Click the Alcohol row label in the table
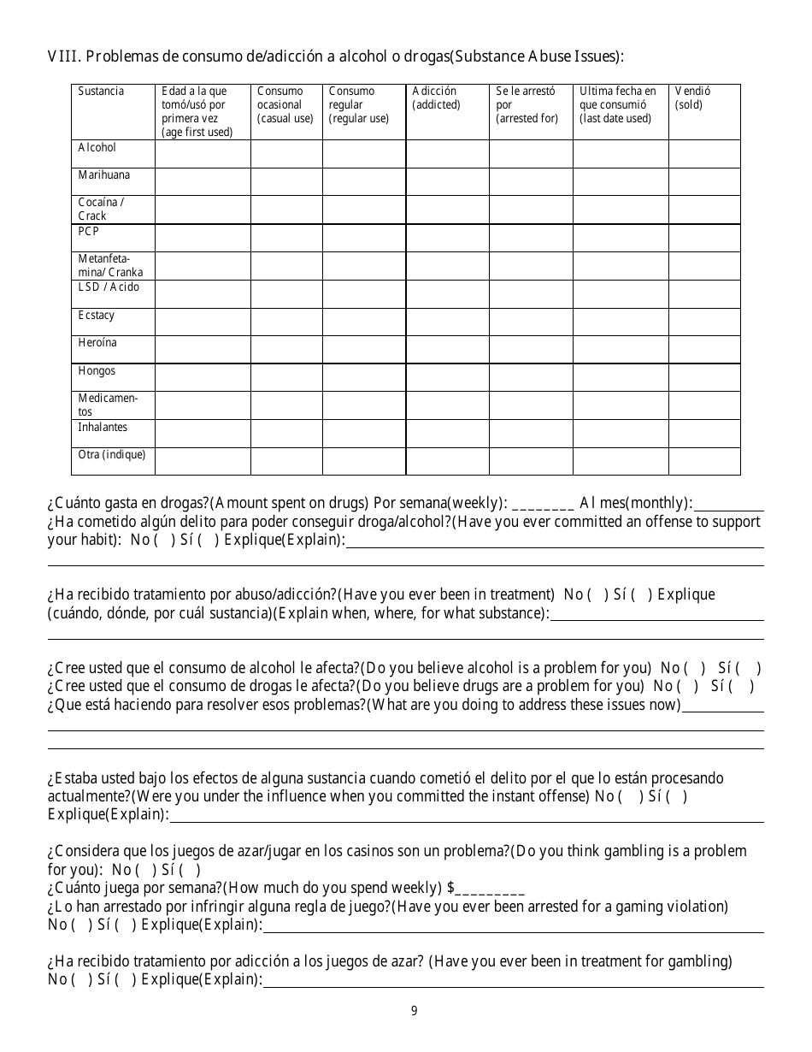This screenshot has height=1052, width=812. (97, 148)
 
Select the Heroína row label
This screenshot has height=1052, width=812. (97, 343)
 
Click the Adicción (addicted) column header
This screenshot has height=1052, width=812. (436, 98)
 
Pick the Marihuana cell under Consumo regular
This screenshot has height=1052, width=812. (363, 181)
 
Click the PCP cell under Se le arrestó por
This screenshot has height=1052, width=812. (530, 238)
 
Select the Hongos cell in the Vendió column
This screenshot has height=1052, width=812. (704, 377)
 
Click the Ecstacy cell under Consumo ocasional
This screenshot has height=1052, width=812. (285, 322)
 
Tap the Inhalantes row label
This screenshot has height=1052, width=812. (103, 427)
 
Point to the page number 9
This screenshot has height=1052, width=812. (414, 1011)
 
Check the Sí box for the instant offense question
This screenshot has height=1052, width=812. (677, 797)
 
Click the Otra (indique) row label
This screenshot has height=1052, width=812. (111, 455)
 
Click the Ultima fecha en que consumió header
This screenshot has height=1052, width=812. (619, 104)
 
